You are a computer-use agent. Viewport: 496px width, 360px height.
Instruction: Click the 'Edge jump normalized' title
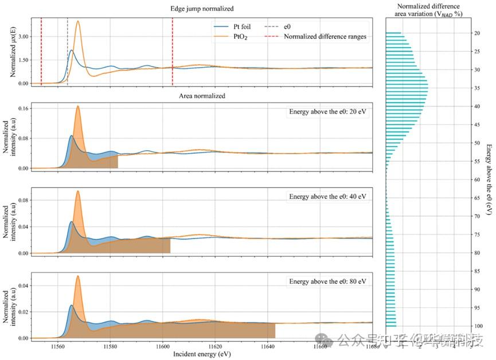(x=201, y=9)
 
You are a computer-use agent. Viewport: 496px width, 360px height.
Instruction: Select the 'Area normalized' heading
(x=201, y=96)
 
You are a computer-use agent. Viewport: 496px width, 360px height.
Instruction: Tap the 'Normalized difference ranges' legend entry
(x=325, y=37)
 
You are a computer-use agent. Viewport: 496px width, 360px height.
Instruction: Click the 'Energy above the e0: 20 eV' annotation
(x=327, y=112)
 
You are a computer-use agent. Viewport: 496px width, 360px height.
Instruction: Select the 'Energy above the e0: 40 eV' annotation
(x=327, y=197)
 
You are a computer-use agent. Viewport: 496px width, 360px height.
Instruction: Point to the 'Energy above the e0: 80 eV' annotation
(x=327, y=281)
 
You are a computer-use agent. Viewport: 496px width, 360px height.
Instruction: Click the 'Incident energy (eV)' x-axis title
(x=201, y=355)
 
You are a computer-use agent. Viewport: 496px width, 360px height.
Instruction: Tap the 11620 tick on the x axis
(x=215, y=347)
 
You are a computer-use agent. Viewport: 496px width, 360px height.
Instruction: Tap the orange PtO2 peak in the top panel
(x=78, y=22)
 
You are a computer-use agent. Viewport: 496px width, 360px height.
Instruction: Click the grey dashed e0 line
(x=68, y=52)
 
